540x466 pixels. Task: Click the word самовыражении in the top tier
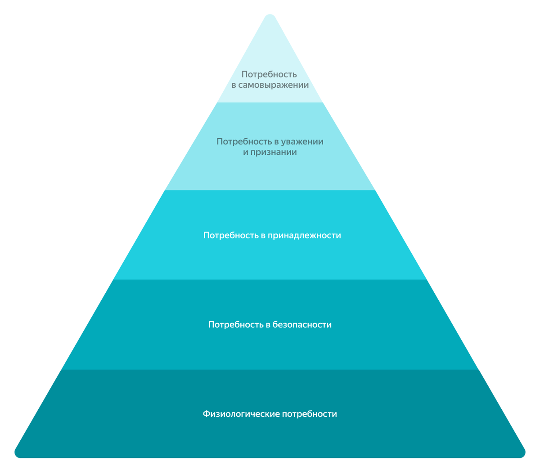coord(274,85)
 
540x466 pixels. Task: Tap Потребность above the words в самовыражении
coord(269,74)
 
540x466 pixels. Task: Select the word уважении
coord(302,141)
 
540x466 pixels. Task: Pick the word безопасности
coord(302,325)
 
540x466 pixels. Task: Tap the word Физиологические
coord(241,414)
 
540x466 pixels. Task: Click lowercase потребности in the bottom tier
coord(310,414)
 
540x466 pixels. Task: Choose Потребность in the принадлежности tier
coord(231,235)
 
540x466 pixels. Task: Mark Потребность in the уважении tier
coord(244,141)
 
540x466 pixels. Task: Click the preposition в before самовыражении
coord(234,85)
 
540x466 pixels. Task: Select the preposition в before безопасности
coord(267,325)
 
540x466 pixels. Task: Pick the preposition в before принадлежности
coord(262,235)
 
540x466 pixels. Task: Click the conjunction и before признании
coord(246,152)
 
